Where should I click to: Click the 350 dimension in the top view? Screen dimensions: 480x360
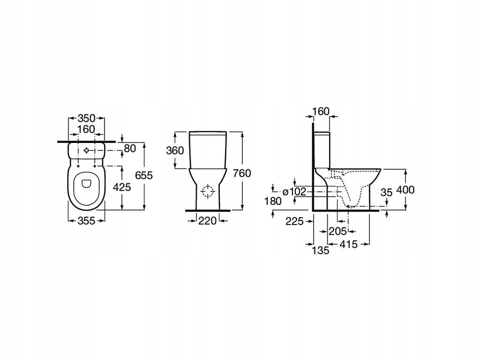[x=86, y=118]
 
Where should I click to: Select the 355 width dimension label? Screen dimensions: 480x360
[x=86, y=220]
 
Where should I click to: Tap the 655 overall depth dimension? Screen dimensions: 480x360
[x=144, y=175]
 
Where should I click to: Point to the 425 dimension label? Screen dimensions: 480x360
[x=122, y=187]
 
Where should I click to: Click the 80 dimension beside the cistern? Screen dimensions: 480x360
[x=130, y=149]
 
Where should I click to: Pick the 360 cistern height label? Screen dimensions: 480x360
[x=175, y=150]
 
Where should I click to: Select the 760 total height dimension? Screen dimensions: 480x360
[x=242, y=173]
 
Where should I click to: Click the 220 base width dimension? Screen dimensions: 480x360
[x=207, y=220]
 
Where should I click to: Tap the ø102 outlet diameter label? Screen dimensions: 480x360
[x=294, y=192]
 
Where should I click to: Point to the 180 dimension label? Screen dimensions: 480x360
[x=273, y=201]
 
